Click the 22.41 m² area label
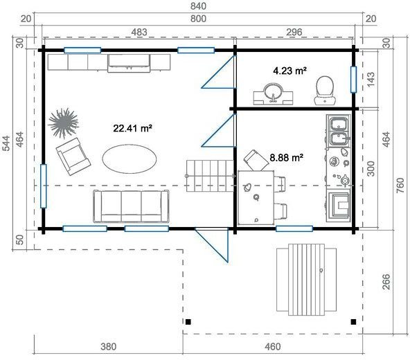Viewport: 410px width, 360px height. (132, 127)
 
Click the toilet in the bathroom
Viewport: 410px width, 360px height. (323, 89)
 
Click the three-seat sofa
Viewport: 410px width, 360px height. (132, 206)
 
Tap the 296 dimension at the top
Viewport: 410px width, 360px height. (295, 32)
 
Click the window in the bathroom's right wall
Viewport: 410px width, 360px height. (353, 79)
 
